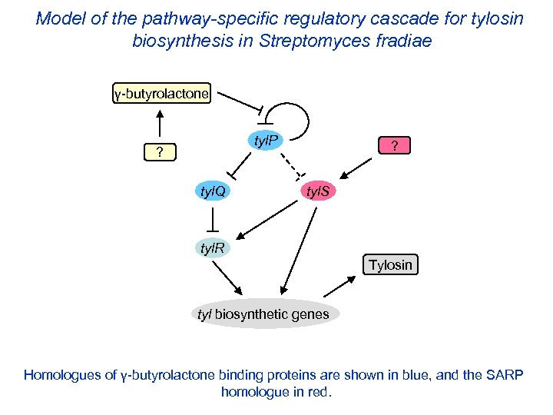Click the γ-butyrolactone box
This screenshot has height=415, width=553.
160,95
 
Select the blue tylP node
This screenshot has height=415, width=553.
266,140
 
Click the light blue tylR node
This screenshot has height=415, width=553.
212,248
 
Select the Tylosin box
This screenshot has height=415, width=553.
390,265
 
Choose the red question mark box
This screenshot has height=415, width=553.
394,146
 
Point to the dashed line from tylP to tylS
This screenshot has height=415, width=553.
290,162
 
